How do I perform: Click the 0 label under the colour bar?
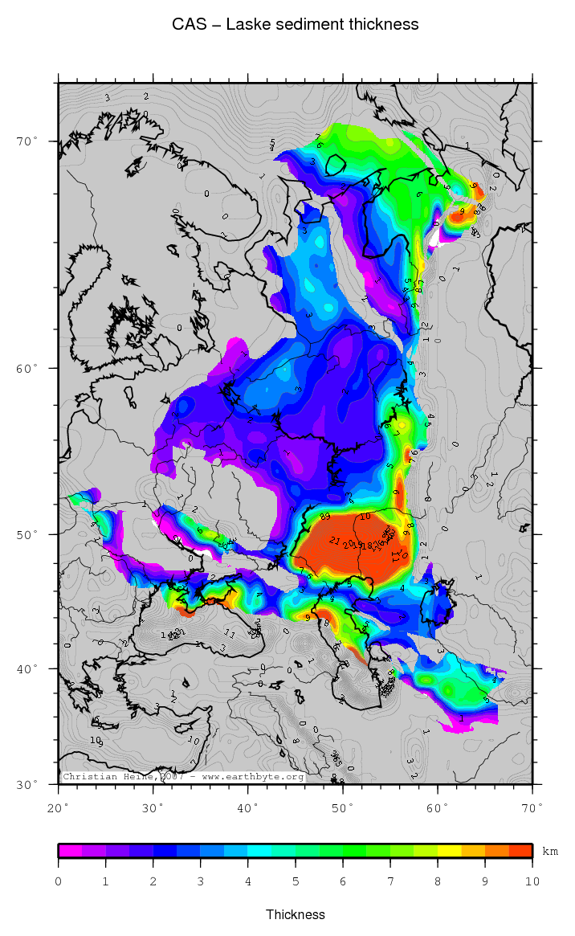59,881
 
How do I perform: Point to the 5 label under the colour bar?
296,881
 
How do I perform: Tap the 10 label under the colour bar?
532,881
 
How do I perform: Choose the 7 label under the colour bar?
390,881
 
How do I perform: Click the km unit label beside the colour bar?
550,851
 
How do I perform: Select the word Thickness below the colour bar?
296,914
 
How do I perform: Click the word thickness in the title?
383,24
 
